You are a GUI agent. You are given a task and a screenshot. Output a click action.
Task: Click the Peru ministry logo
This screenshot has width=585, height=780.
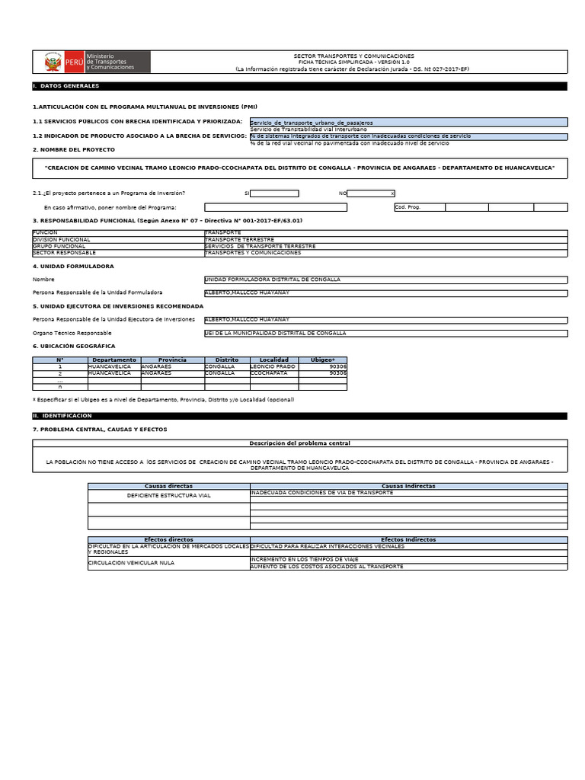click(92, 62)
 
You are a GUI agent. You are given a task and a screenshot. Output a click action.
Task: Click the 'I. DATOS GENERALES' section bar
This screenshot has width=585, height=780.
click(299, 87)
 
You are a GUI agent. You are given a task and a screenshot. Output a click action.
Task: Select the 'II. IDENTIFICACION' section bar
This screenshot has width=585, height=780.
click(299, 416)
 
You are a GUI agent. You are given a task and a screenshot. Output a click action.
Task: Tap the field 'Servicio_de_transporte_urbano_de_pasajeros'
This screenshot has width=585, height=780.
click(408, 122)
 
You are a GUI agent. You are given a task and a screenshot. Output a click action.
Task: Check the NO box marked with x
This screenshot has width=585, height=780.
click(372, 193)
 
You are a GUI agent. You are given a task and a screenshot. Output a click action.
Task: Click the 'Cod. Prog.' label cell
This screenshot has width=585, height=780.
click(419, 207)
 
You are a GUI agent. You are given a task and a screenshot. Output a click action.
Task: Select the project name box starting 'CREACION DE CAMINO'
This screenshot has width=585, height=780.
click(299, 168)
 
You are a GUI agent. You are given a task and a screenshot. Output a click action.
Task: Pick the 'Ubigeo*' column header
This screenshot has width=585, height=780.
click(322, 360)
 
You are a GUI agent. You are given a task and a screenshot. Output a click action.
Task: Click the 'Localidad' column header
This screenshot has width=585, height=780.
click(273, 360)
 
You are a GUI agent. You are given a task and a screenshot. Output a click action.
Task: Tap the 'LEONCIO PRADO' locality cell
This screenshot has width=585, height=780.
click(273, 366)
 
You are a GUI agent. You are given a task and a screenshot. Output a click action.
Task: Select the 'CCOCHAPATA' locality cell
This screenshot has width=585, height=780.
click(273, 373)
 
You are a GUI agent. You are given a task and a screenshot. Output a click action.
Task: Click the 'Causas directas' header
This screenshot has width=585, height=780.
click(168, 485)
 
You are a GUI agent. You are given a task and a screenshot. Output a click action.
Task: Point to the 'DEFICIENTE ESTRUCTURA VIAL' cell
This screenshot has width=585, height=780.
click(168, 495)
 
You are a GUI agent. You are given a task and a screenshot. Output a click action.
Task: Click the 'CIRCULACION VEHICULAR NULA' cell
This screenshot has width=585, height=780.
click(168, 563)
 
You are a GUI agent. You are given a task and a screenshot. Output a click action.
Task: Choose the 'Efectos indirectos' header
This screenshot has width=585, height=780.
click(408, 539)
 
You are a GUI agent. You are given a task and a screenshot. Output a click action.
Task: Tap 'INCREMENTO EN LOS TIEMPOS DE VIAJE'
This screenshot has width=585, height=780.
click(408, 559)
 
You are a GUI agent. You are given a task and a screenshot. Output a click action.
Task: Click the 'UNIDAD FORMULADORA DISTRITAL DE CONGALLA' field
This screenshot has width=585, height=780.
click(385, 280)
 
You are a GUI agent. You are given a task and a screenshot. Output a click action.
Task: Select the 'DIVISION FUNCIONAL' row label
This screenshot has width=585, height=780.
click(117, 239)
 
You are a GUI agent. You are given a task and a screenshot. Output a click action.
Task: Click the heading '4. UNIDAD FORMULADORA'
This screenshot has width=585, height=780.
click(73, 267)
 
